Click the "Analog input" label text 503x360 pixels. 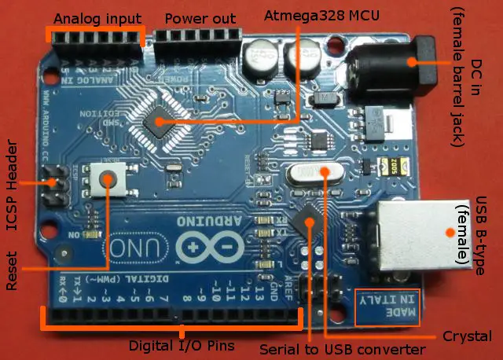[97, 18]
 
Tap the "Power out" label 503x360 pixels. [200, 18]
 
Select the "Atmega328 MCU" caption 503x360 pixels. [311, 15]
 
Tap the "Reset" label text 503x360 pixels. [12, 272]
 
